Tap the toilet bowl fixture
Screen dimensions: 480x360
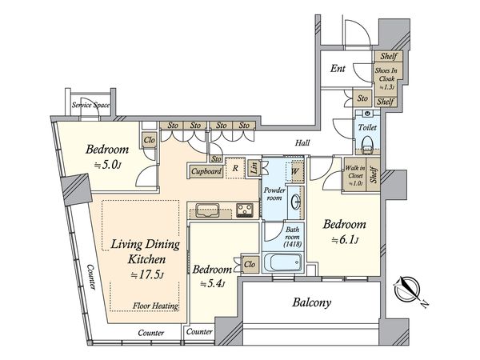(x=367, y=143)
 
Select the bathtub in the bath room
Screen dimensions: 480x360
(x=282, y=262)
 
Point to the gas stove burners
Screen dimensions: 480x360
(x=245, y=210)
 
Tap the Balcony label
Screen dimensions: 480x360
(x=312, y=302)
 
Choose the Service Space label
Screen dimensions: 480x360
(x=90, y=105)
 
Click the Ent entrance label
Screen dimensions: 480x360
(x=338, y=68)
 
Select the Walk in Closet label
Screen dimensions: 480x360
(x=355, y=176)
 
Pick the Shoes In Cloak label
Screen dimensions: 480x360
(x=386, y=78)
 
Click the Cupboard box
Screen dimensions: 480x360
(x=206, y=171)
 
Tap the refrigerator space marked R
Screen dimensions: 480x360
(x=235, y=168)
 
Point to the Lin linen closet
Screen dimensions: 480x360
(x=254, y=168)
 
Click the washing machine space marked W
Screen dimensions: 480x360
(x=294, y=171)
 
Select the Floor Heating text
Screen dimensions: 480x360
(x=155, y=306)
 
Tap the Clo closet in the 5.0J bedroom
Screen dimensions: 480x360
(x=150, y=140)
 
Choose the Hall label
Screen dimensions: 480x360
(x=302, y=142)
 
